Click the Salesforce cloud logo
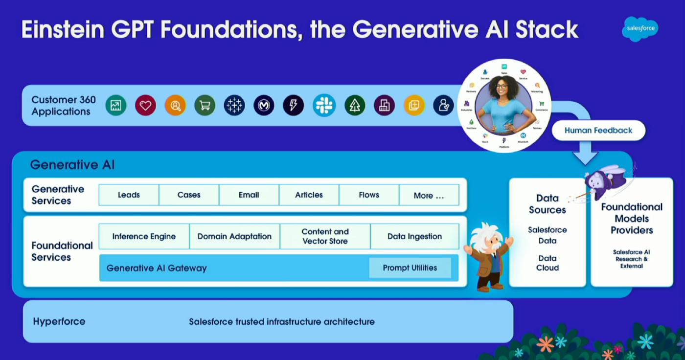tap(640, 28)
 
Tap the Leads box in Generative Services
tap(129, 195)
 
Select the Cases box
tap(189, 195)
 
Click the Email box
tap(249, 195)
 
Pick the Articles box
tap(309, 195)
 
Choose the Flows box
tap(369, 195)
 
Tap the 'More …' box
tap(429, 195)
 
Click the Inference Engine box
tap(144, 236)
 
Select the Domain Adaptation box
tap(234, 236)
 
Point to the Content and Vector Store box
tap(325, 236)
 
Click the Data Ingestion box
tap(414, 236)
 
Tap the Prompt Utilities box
tap(410, 268)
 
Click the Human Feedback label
tap(598, 131)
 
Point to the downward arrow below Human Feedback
tap(585, 155)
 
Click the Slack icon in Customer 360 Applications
tap(324, 105)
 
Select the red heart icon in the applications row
tap(145, 105)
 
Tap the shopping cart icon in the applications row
tap(205, 105)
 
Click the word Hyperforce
tap(59, 321)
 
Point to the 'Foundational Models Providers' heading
tap(632, 218)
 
